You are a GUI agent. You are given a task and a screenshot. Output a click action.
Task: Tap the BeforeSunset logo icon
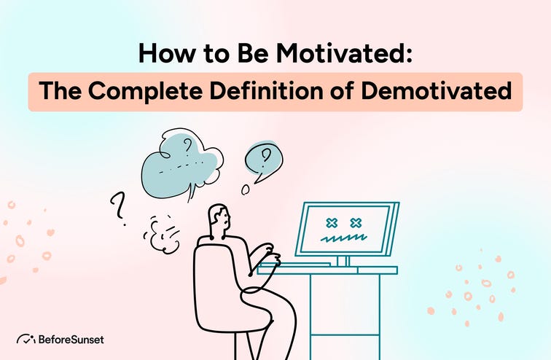pos(26,339)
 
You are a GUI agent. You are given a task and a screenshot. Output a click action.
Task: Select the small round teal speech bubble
pos(263,159)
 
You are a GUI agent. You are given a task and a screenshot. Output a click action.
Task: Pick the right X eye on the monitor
pos(356,222)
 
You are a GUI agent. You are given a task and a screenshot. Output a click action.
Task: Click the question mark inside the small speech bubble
pos(266,154)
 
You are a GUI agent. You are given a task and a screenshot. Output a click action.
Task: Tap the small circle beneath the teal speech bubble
pos(246,189)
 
